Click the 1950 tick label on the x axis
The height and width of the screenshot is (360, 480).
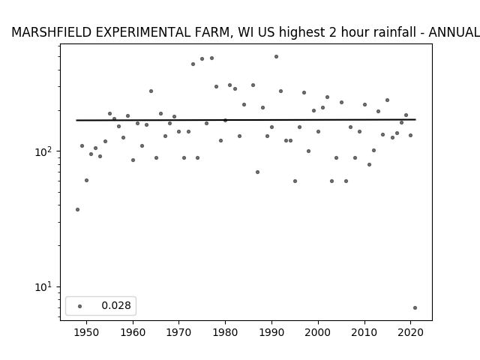(87, 332)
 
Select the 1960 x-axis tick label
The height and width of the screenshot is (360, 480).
(133, 332)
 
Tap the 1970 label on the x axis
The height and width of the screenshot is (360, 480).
(179, 332)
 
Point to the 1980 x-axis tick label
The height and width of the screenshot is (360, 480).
(225, 332)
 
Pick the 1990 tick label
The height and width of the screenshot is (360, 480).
(271, 332)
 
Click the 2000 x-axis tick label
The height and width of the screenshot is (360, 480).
(318, 332)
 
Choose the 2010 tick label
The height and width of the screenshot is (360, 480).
(364, 332)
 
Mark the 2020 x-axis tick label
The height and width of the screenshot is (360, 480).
(410, 332)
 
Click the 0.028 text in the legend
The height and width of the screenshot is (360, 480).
(116, 305)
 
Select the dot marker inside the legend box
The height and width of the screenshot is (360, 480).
(80, 306)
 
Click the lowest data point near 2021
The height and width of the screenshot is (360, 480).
(415, 308)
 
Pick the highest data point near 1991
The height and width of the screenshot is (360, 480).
(277, 57)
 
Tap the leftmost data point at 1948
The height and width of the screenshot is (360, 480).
(77, 210)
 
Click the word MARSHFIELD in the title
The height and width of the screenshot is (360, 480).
(52, 32)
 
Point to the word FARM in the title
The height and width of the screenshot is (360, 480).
(214, 33)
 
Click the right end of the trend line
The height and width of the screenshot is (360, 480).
(415, 119)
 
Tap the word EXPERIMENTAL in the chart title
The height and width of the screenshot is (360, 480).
(143, 32)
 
